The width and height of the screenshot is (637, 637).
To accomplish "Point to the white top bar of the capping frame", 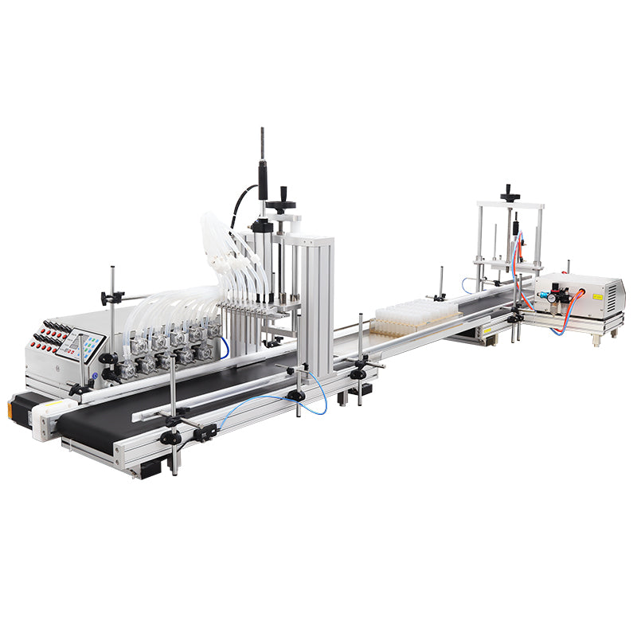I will pos(510,205).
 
